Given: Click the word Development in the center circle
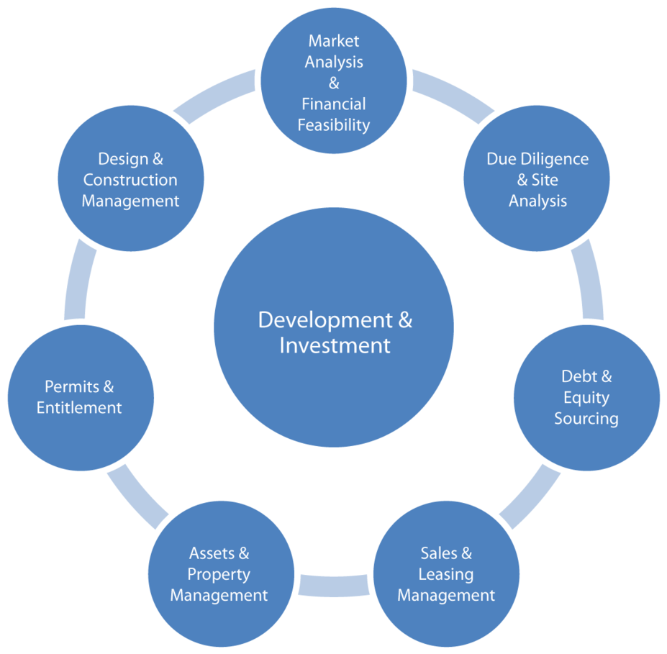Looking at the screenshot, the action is [x=325, y=320].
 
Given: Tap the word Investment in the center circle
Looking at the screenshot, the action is [x=335, y=345].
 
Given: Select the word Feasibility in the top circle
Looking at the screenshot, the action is [x=334, y=125].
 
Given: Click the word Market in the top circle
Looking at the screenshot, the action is [x=334, y=41].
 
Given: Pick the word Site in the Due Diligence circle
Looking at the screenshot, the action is [x=545, y=180].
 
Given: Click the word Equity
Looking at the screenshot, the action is [x=586, y=398].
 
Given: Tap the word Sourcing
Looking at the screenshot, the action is [x=586, y=419].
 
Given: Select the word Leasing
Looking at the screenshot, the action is [x=446, y=575].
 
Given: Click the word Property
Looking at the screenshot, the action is [x=219, y=575].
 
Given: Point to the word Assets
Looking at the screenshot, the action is [x=212, y=553].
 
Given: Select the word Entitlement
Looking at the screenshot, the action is [x=79, y=408].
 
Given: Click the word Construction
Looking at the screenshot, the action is [x=130, y=180].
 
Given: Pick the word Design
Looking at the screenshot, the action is [x=123, y=160].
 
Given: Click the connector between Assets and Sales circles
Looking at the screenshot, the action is [x=334, y=586].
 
